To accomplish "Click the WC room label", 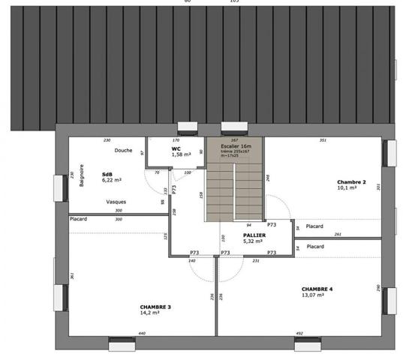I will point(176,148).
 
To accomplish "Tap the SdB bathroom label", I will point(107,174).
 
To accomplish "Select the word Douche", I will point(123,150).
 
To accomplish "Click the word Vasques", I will point(116,202).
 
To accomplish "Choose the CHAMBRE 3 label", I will point(155,307).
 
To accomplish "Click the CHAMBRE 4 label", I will point(317,289).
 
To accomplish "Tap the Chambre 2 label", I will point(350,182).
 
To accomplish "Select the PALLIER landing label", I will point(254,235).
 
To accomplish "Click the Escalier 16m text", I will point(236,146).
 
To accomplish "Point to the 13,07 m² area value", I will point(313,295).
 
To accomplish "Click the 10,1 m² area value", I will point(346,188).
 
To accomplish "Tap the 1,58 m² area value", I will point(181,154).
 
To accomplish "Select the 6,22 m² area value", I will point(111,180).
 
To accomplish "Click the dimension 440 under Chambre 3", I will point(142,333).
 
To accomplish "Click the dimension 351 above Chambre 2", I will point(323,140).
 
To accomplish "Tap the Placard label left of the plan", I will point(78,219).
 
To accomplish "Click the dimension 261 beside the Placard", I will point(338,234).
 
